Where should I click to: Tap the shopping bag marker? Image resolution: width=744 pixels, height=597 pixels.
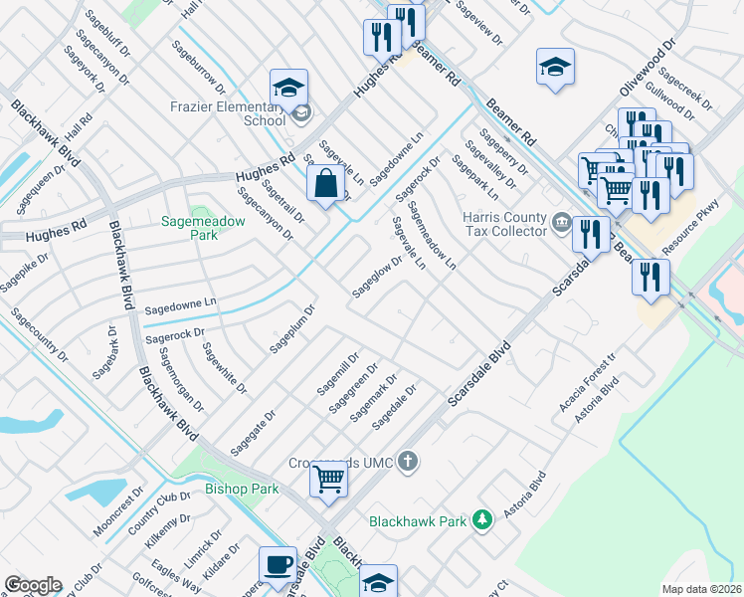point(326,184)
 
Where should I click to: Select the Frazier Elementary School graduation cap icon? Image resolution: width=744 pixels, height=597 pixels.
point(287,88)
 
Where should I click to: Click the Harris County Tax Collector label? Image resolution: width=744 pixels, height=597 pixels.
point(504,224)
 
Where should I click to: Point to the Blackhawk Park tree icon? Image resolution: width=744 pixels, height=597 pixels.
point(481,520)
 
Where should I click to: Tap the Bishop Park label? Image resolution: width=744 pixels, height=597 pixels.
point(242,489)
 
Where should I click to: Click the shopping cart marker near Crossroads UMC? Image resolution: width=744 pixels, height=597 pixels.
point(328,481)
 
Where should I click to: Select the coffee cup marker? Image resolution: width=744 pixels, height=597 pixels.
point(278,564)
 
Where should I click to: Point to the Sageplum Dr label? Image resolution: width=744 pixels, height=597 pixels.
point(292,329)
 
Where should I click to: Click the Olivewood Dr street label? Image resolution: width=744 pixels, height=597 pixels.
point(648,68)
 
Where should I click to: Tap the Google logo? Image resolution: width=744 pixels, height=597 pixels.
point(33,585)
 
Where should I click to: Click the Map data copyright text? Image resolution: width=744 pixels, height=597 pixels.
point(701,589)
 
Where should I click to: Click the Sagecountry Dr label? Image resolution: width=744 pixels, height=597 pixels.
point(40,334)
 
